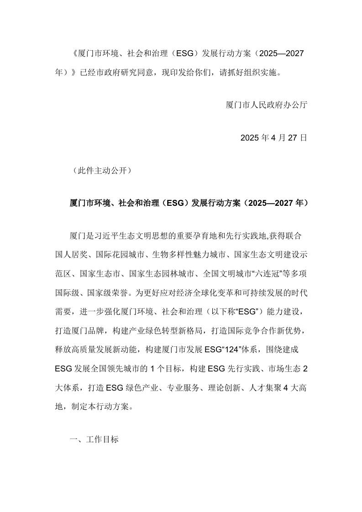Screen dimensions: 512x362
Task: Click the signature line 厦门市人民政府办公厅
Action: [267, 104]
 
